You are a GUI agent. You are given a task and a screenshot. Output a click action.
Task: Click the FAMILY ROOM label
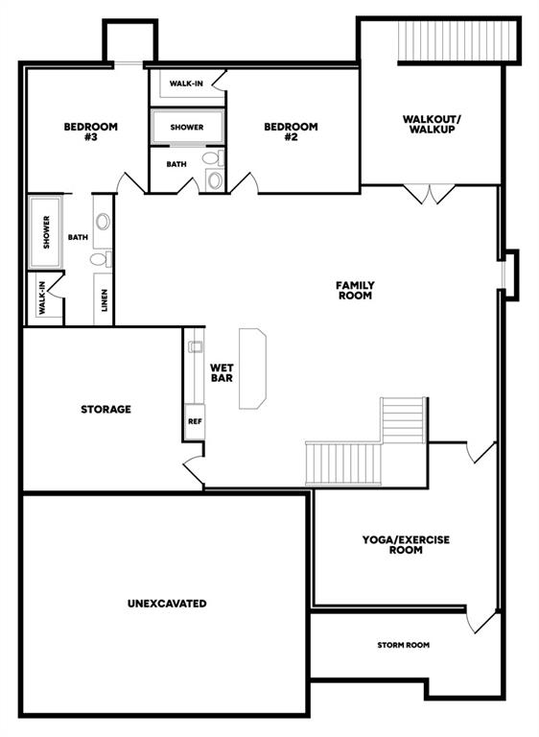(355, 291)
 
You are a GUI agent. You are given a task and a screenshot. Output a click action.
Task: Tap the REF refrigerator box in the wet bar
(195, 421)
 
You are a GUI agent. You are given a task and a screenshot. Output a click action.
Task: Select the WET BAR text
(222, 372)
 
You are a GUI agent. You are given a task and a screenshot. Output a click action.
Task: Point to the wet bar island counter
(253, 368)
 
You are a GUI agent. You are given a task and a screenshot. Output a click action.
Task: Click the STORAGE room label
(105, 410)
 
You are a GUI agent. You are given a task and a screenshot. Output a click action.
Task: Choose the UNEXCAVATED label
(167, 604)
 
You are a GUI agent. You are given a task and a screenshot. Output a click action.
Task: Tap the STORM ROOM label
(403, 645)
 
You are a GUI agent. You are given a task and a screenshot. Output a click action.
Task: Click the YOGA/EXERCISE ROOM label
(406, 545)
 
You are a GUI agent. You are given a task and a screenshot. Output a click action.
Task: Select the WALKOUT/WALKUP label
(432, 124)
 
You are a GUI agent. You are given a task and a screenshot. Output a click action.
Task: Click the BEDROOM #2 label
(291, 131)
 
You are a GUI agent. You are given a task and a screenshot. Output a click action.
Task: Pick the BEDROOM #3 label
(91, 131)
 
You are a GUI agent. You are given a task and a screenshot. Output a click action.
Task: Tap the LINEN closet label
(105, 299)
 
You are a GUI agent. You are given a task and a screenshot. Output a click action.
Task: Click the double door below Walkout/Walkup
(430, 194)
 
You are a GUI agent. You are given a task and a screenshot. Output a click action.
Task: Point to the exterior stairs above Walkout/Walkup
(457, 40)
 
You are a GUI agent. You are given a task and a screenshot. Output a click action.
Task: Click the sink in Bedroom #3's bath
(103, 221)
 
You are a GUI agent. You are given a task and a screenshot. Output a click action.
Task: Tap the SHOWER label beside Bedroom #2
(187, 128)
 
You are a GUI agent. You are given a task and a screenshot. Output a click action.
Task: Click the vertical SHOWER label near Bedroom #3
(46, 232)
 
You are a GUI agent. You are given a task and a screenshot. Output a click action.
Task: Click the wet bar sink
(195, 346)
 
